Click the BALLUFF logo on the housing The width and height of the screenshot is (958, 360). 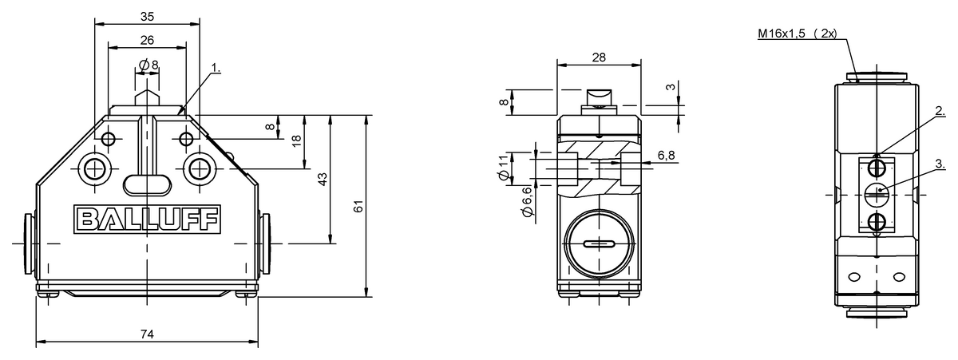(x=147, y=220)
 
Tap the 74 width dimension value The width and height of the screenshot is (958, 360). (x=147, y=334)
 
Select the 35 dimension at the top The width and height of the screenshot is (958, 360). (x=147, y=17)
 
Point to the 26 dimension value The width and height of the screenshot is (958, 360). (x=147, y=40)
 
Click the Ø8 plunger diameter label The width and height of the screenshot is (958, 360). (x=148, y=65)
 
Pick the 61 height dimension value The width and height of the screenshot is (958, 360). (x=358, y=206)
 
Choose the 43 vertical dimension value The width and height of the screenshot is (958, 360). (x=323, y=179)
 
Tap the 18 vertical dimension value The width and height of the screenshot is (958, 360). (x=296, y=140)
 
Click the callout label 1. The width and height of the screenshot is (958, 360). (x=216, y=68)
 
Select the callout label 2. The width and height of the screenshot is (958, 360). (x=940, y=111)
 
